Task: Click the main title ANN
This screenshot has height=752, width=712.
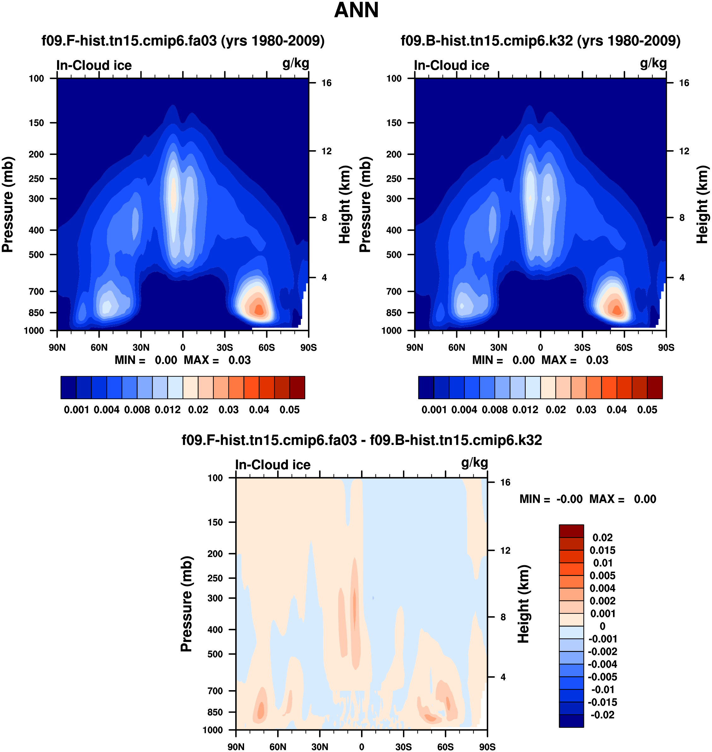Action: click(356, 10)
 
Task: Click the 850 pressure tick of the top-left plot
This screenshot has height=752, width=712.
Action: click(37, 313)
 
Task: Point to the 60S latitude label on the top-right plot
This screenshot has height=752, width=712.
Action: click(624, 347)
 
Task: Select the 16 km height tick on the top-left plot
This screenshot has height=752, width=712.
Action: click(326, 83)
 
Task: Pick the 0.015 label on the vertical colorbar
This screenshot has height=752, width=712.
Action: click(602, 550)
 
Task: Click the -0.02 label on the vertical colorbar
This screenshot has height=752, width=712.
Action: click(602, 715)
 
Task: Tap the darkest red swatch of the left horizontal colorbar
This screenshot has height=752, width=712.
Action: click(297, 388)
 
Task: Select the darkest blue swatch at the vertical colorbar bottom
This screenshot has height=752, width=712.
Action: click(571, 721)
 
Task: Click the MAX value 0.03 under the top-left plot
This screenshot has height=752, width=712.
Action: click(239, 360)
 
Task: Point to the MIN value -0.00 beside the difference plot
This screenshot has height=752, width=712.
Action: click(569, 499)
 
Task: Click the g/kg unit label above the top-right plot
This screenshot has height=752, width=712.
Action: click(653, 63)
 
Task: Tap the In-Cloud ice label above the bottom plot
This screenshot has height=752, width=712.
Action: click(272, 465)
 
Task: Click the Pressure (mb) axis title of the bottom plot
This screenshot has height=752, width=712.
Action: click(186, 604)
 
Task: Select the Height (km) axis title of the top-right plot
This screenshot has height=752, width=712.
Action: click(703, 204)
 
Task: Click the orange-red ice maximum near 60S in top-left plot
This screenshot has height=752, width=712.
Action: click(259, 310)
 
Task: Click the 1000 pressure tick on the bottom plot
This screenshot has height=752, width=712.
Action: click(213, 730)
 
